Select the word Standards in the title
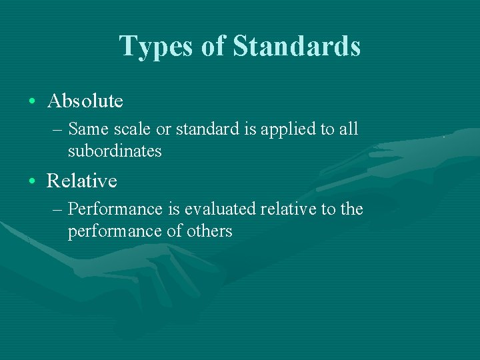coord(297,47)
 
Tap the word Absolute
coord(85,101)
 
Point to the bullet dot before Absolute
coord(33,102)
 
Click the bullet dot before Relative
coord(33,181)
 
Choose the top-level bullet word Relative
coord(81,181)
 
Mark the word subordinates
coord(115,151)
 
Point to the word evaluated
coord(220,209)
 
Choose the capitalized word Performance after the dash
coord(115,209)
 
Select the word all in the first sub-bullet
coord(349,128)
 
